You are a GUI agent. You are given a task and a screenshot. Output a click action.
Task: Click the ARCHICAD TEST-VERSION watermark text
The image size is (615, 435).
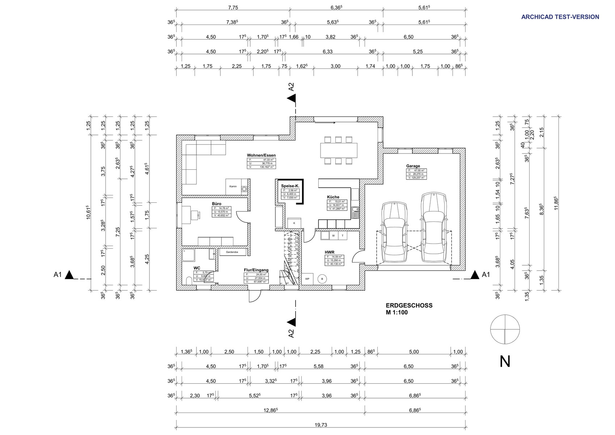tap(560, 17)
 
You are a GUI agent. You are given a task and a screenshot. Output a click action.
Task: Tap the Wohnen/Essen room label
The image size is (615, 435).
tap(261, 155)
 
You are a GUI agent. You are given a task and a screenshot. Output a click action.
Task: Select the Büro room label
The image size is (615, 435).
tap(216, 204)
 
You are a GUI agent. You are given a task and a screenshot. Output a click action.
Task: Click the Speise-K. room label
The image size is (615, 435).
tap(290, 186)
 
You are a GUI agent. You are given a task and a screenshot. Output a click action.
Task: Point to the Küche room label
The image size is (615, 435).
tap(333, 197)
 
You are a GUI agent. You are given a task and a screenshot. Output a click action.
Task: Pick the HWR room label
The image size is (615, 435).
tap(329, 252)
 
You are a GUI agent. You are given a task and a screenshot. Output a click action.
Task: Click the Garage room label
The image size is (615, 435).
tap(413, 166)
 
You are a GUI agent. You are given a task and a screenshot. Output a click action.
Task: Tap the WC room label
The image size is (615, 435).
tap(197, 268)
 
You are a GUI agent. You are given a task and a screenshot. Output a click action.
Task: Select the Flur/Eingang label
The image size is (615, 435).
tap(256, 270)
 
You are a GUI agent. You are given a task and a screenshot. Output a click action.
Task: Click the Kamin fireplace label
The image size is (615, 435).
tap(233, 186)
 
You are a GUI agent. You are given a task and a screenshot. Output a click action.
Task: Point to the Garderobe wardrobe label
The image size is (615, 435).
tap(232, 252)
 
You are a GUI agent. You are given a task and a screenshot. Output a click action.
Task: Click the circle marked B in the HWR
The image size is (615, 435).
tap(322, 279)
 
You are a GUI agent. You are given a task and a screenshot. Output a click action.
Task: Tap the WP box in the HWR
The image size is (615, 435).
tap(307, 279)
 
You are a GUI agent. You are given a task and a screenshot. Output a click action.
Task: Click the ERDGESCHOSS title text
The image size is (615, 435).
tap(409, 305)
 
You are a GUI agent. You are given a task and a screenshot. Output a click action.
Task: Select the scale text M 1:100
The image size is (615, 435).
tap(396, 312)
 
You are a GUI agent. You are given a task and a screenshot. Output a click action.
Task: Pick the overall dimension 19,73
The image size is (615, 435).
tap(321, 425)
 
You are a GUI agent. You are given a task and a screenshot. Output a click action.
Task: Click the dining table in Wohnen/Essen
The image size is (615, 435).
tap(338, 150)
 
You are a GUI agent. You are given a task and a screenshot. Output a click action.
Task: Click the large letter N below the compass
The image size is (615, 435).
tap(505, 362)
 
